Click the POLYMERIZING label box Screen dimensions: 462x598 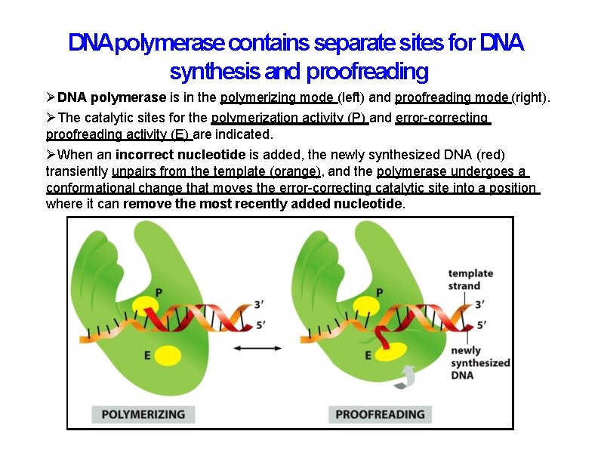[143, 414]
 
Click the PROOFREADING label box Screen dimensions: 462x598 [380, 414]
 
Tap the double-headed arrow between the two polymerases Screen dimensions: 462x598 [257, 348]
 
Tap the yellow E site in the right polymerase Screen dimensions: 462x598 [385, 353]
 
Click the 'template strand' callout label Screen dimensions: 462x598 [470, 279]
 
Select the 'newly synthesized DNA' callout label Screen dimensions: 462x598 [480, 362]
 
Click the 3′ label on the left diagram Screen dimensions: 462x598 [259, 303]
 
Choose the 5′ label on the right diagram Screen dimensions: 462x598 [481, 326]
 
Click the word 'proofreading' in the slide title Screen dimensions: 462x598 [367, 72]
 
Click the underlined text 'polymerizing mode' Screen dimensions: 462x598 [278, 97]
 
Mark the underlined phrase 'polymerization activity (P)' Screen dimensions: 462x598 [290, 118]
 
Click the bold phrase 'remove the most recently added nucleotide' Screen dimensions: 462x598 [264, 204]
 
